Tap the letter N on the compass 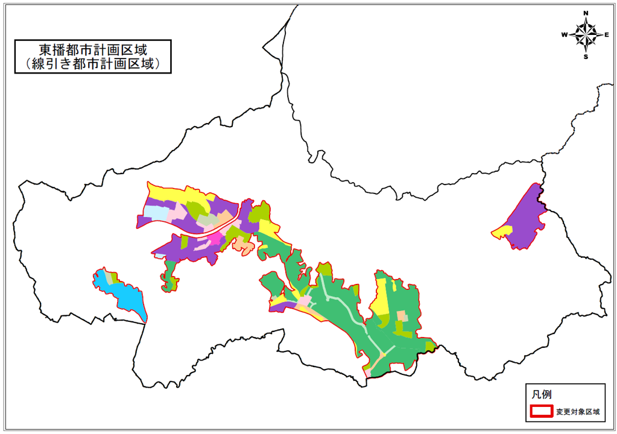pyautogui.click(x=586, y=13)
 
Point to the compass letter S pyautogui.click(x=586, y=57)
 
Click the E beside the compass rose pyautogui.click(x=607, y=35)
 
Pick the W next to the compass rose pyautogui.click(x=565, y=35)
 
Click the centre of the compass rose pyautogui.click(x=586, y=34)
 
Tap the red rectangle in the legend pyautogui.click(x=542, y=412)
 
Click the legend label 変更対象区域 pyautogui.click(x=578, y=412)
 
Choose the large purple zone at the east pyautogui.click(x=526, y=218)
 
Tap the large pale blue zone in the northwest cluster pyautogui.click(x=156, y=212)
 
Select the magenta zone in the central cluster pyautogui.click(x=214, y=238)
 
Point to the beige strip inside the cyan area pyautogui.click(x=109, y=277)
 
